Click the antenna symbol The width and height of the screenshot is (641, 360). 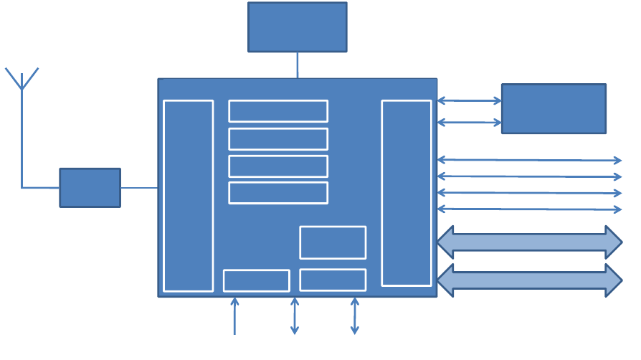[22, 80]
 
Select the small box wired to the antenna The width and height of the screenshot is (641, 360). [90, 188]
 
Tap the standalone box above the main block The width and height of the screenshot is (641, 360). [298, 27]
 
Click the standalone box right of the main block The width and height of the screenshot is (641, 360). [554, 109]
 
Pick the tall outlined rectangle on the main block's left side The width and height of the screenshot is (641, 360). [189, 196]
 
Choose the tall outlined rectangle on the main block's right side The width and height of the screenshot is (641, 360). [407, 193]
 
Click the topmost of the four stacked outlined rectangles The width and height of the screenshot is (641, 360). [278, 111]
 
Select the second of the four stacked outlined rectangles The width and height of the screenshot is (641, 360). [278, 139]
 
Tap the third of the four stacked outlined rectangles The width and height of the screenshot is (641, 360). [278, 166]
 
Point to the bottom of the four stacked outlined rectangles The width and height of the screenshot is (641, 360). [278, 193]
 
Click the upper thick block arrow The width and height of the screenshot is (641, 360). [529, 242]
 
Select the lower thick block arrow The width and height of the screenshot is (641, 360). [529, 280]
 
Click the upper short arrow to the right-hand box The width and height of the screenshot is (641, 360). [469, 101]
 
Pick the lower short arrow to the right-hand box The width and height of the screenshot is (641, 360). [469, 123]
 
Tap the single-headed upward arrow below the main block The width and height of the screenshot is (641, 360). [234, 316]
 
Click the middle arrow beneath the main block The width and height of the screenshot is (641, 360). [295, 316]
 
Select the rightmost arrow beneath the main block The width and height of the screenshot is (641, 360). [354, 316]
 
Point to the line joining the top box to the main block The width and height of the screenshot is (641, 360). [298, 65]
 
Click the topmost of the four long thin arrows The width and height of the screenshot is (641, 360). [529, 160]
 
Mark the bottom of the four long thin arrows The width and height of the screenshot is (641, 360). [529, 209]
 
